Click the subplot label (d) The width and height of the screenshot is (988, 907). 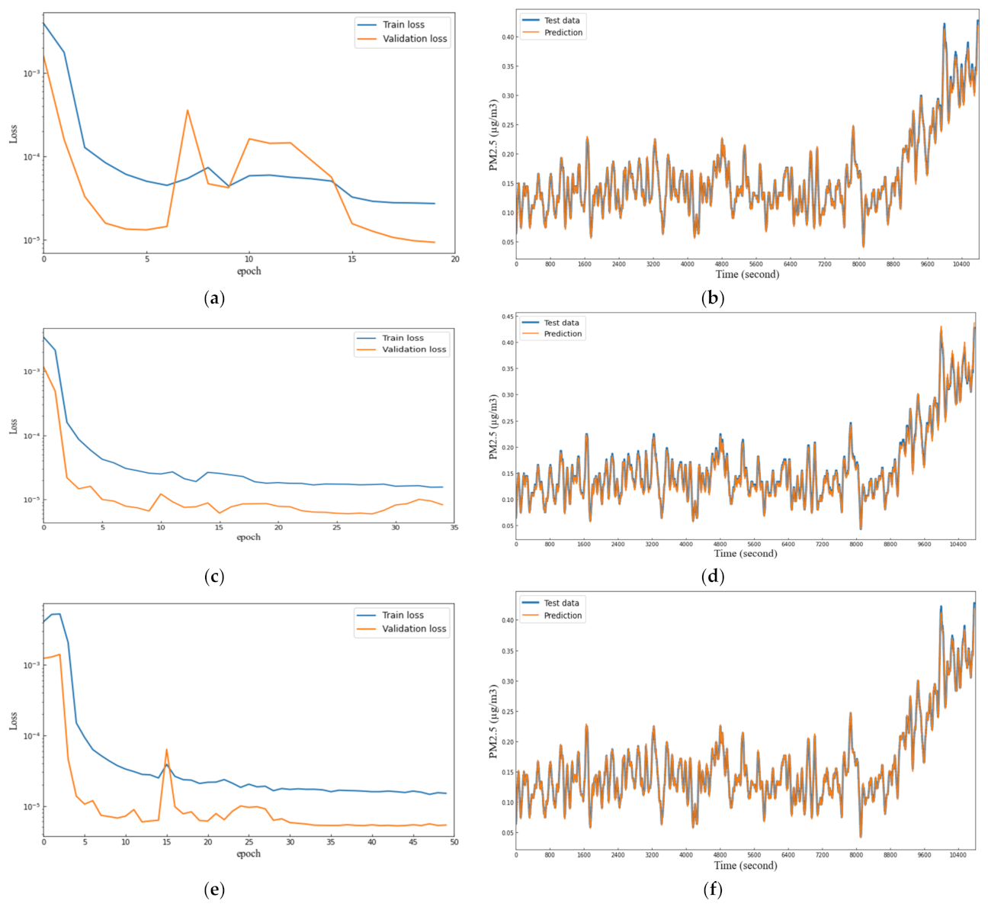pos(712,577)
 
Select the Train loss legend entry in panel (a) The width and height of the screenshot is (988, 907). pos(404,24)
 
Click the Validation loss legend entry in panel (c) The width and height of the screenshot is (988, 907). pos(415,349)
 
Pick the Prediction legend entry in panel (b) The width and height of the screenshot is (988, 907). pos(563,33)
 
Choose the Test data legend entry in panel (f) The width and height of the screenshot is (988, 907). pos(561,603)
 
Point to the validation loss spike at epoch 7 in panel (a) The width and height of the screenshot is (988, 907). pos(188,110)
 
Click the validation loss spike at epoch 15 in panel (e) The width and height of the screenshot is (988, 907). pos(166,749)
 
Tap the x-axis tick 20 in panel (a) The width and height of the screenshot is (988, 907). pos(454,259)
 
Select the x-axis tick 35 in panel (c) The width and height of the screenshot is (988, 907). pos(454,527)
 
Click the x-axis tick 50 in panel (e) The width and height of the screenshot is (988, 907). pos(454,842)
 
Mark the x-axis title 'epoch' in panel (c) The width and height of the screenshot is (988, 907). pos(249,537)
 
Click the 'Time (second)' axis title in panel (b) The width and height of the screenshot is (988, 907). pos(747,274)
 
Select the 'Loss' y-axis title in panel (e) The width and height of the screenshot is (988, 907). pos(13,721)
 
